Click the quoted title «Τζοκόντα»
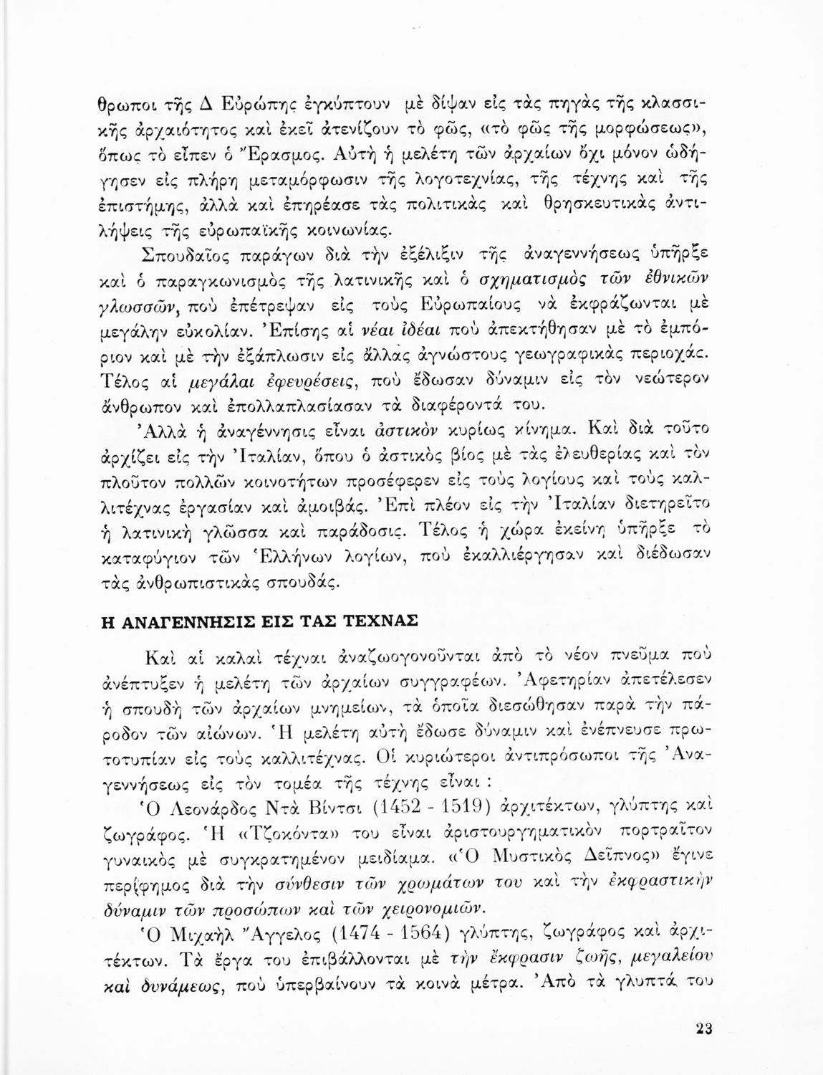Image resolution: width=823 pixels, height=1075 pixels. [229, 836]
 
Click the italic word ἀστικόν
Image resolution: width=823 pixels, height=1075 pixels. [382, 431]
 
